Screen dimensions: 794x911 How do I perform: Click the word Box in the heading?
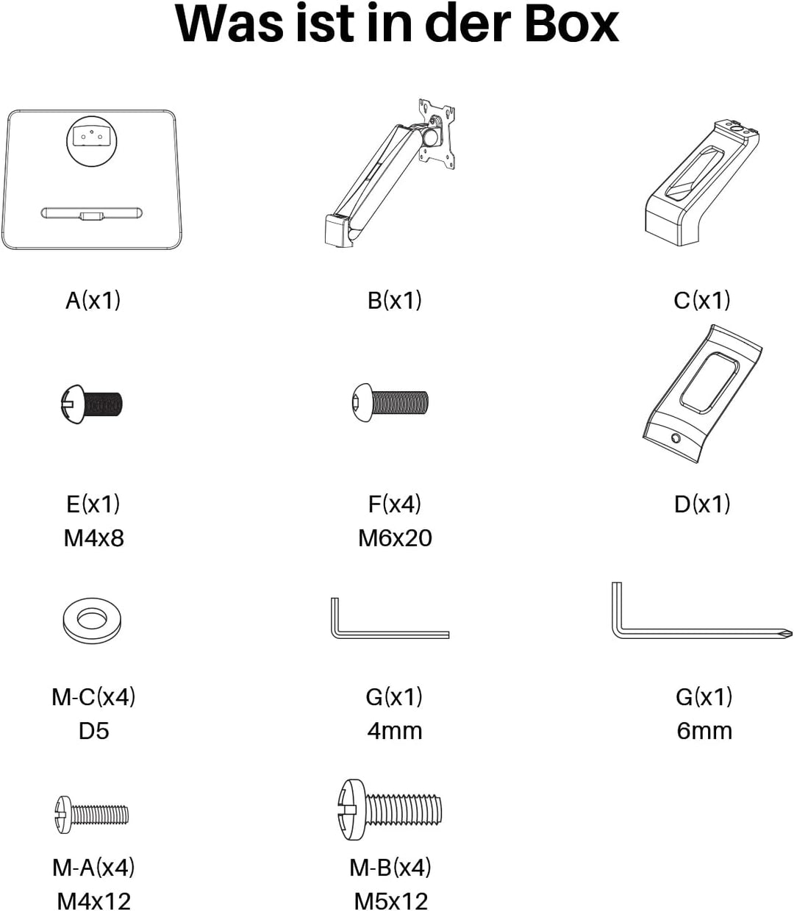[x=571, y=24]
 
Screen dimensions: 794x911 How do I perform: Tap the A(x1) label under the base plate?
[x=93, y=301]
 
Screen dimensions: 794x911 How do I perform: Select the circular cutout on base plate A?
[x=92, y=141]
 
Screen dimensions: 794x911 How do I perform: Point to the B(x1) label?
[x=394, y=301]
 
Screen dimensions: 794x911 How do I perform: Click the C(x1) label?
[x=702, y=301]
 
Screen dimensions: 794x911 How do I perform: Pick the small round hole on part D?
[x=676, y=438]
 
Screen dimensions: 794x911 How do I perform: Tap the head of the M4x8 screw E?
[x=72, y=404]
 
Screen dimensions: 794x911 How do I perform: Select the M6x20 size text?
[x=395, y=538]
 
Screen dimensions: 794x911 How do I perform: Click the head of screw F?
[x=362, y=402]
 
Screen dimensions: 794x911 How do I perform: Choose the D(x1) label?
[x=702, y=504]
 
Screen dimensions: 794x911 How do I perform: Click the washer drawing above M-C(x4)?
[x=92, y=621]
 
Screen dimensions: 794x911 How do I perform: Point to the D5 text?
[x=93, y=730]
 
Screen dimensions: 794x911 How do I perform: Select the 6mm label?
[x=704, y=730]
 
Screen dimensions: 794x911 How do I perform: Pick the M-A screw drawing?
[x=92, y=815]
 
